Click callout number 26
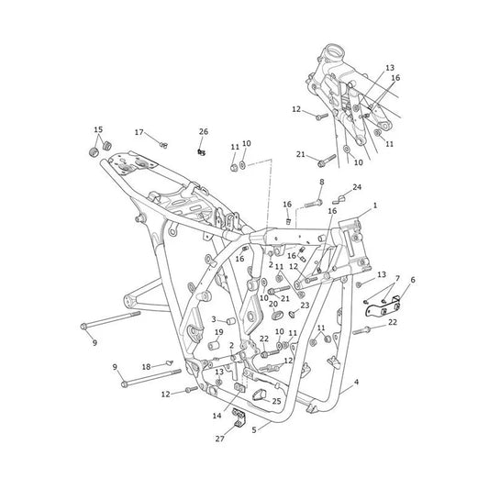204,132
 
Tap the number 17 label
139,132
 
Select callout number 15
98,129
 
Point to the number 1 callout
375,206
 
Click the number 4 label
356,382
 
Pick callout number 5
254,430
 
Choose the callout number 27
219,439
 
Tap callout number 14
217,416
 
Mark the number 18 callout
146,367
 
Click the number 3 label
214,319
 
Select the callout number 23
305,305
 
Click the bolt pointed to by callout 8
314,204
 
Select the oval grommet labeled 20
275,315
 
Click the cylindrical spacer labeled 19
214,346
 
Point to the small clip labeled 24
338,200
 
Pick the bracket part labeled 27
239,417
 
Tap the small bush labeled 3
231,321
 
